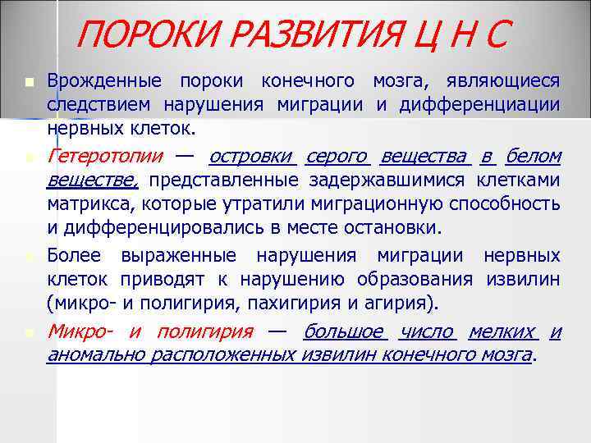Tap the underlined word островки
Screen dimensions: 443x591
(x=252, y=155)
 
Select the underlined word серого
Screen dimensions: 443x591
(x=337, y=155)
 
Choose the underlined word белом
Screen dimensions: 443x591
(x=534, y=155)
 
